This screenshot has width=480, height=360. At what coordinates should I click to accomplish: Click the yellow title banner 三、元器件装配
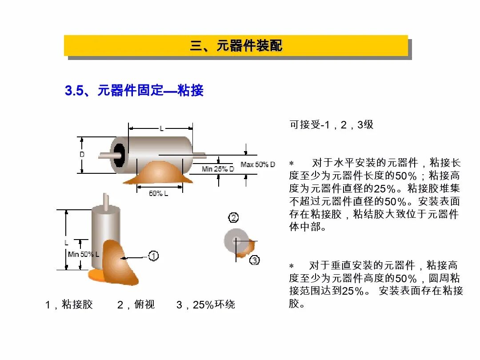click(x=236, y=45)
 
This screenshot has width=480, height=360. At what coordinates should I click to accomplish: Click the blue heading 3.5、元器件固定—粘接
click(x=134, y=91)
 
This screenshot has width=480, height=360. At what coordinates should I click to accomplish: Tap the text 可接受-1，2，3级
click(x=332, y=125)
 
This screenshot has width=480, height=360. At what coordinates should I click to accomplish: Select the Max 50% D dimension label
click(x=258, y=164)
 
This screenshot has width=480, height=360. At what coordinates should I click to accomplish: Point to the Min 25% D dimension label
click(x=218, y=169)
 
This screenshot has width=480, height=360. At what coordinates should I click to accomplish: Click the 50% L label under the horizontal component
click(x=158, y=193)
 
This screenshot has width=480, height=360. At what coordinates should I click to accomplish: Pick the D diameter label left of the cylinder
click(x=82, y=155)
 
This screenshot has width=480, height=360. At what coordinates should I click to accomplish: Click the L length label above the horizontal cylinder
click(x=161, y=128)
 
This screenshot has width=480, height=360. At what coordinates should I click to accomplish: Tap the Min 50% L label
click(x=84, y=254)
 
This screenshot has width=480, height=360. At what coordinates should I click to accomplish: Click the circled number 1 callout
click(x=153, y=256)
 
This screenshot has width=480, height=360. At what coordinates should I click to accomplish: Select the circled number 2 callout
click(x=233, y=218)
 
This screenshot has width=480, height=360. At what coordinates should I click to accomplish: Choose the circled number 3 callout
click(x=254, y=260)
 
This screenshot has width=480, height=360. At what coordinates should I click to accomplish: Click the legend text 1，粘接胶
click(x=69, y=305)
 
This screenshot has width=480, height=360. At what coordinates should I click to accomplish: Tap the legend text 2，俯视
click(x=136, y=305)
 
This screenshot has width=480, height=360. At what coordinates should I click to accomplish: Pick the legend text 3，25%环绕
click(x=206, y=305)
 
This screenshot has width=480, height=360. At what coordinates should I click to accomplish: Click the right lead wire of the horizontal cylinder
click(x=199, y=155)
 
